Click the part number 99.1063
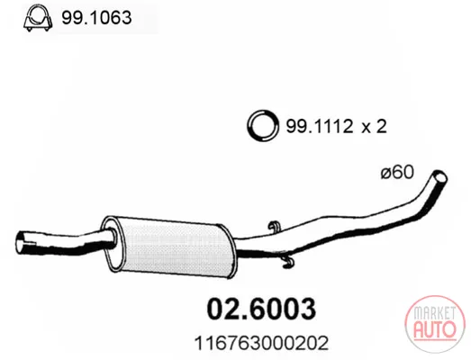pos(96,17)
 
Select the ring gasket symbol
pos(262,126)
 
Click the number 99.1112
pos(320,126)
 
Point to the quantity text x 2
pos(374,126)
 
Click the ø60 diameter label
pos(397,172)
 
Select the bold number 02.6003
pos(261,309)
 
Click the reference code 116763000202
pos(261,343)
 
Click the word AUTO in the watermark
pos(435,328)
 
